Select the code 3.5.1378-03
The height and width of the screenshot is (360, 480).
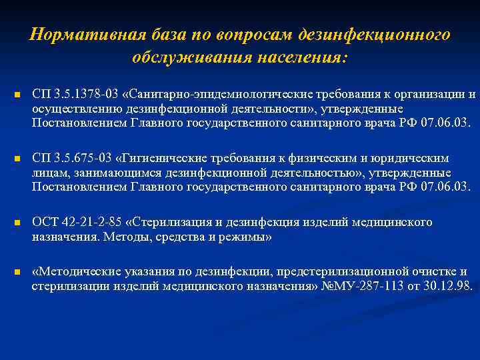point(83,94)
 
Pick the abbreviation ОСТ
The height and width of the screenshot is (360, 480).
point(44,222)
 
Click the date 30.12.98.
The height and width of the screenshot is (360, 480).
point(447,286)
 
